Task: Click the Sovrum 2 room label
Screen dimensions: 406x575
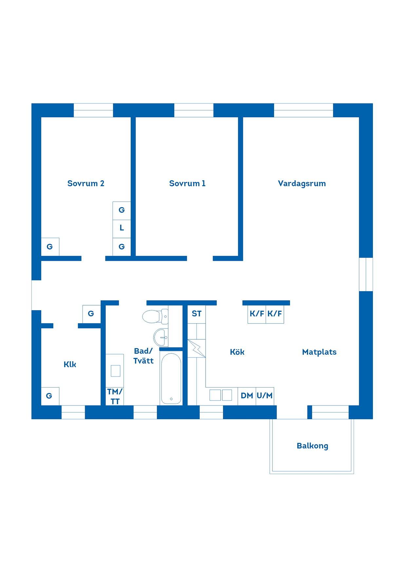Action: tap(86, 183)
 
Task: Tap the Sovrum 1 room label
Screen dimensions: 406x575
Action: tap(187, 183)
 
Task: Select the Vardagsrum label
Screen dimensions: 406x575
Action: tap(302, 184)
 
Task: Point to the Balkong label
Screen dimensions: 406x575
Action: tap(312, 446)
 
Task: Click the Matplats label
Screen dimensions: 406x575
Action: tap(319, 352)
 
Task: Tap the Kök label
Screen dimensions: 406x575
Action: tap(237, 352)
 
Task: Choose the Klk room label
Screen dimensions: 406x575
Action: tap(70, 364)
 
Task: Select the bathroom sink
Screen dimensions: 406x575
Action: tap(161, 337)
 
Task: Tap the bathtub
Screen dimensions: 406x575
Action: tap(171, 379)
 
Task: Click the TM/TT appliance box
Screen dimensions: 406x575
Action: tap(115, 396)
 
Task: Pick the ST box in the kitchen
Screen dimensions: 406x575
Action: tap(196, 314)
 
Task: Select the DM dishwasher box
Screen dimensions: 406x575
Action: tap(247, 396)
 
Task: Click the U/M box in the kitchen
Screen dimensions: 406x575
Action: tap(265, 396)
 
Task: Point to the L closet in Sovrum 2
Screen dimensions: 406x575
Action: tap(122, 228)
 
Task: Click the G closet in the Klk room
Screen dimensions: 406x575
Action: tap(50, 396)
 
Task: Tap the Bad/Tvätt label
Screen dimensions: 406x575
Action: tap(143, 356)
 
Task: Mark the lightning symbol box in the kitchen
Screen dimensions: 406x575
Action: tap(196, 348)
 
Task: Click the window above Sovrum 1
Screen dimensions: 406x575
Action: tap(194, 110)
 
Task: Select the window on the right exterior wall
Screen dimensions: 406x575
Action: tap(366, 274)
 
